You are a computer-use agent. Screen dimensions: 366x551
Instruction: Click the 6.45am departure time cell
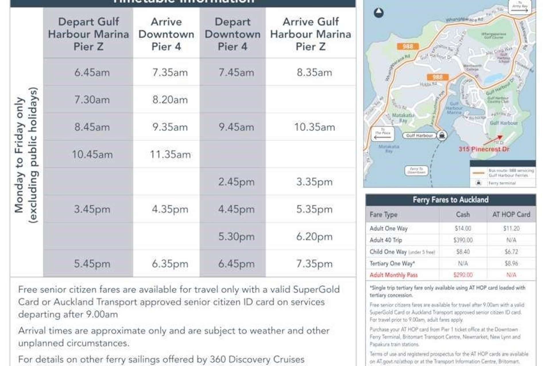(92, 73)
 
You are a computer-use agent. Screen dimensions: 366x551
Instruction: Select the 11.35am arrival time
(170, 155)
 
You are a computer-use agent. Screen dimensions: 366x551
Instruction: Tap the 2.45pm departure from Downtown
(236, 182)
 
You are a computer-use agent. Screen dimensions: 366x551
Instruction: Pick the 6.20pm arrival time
(314, 237)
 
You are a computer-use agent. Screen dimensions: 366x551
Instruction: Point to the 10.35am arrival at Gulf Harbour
(314, 127)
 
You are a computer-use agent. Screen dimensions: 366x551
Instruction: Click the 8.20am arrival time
(170, 100)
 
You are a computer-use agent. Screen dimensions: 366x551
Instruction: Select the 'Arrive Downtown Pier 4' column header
(166, 34)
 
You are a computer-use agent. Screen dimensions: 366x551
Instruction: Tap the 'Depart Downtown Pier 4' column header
(233, 34)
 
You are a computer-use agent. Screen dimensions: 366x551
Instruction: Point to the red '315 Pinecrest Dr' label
(484, 149)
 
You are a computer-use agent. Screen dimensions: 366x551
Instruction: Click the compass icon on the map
(379, 13)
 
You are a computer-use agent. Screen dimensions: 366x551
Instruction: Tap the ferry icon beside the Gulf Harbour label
(442, 135)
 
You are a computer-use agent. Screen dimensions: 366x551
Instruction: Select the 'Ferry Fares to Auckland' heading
(450, 200)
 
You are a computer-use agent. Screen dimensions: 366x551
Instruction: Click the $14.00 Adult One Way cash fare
(463, 228)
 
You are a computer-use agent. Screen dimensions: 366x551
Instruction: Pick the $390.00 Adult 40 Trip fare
(463, 240)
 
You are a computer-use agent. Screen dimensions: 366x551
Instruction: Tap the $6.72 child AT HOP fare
(511, 252)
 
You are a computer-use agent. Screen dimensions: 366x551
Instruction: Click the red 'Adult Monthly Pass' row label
(393, 275)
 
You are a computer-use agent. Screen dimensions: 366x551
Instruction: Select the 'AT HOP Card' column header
(511, 214)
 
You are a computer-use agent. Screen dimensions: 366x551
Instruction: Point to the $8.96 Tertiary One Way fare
(511, 263)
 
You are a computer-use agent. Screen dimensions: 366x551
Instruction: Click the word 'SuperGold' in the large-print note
(316, 289)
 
